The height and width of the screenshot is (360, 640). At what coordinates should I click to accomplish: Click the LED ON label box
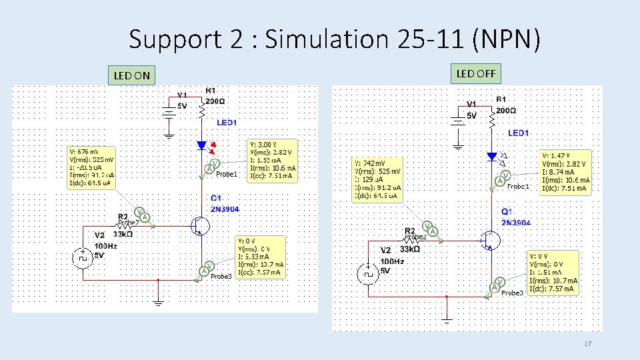pos(132,75)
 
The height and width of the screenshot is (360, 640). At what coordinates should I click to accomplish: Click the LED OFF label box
pos(475,73)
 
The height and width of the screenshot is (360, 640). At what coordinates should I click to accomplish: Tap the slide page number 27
pos(587,344)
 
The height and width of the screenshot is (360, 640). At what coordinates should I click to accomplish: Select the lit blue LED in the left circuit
pos(202,145)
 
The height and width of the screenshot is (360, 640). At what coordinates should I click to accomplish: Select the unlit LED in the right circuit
pos(492,157)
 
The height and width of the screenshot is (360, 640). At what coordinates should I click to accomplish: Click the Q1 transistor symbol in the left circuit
pos(199,226)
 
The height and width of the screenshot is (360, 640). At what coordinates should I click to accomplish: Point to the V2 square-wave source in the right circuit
pos(367,271)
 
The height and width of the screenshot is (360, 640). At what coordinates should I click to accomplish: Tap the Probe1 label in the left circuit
pos(227,175)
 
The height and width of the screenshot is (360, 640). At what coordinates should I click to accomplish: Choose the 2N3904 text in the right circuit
pos(516,222)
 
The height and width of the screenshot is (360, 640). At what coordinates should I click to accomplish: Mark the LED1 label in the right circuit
pos(518,133)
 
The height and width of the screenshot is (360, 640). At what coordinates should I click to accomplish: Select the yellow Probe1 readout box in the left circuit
pos(272,160)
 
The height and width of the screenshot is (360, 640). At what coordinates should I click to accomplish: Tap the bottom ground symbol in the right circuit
pos(447,322)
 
